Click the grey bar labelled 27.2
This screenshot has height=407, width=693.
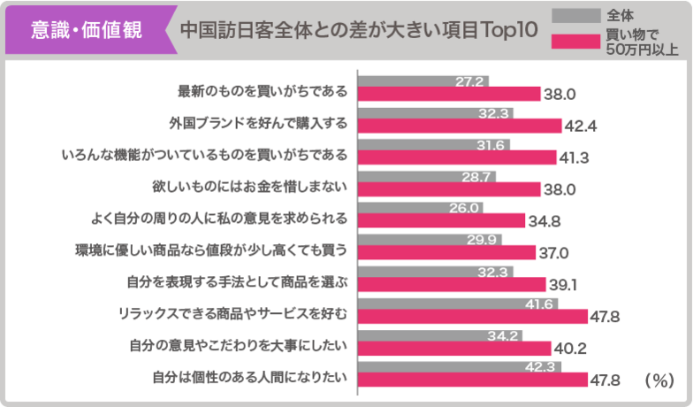tap(423, 81)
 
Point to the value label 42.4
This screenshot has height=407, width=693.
tap(581, 126)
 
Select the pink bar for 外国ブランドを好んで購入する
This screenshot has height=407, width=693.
tap(460, 125)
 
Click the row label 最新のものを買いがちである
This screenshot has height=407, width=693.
tap(263, 92)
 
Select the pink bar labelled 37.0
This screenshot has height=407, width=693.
tap(446, 252)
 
